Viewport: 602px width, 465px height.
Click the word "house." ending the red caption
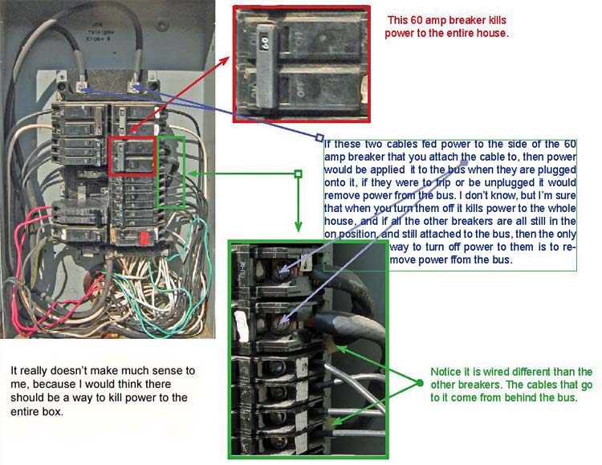[x=490, y=34]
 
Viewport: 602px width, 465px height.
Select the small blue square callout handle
[x=319, y=137]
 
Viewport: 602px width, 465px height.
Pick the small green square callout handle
[x=298, y=173]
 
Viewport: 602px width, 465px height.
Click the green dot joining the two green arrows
[x=419, y=383]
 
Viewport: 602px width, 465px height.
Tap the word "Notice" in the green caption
[x=446, y=372]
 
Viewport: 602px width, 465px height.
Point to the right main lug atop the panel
[x=134, y=83]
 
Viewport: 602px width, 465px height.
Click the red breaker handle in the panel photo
[x=145, y=238]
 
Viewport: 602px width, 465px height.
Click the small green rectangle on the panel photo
[x=171, y=172]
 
